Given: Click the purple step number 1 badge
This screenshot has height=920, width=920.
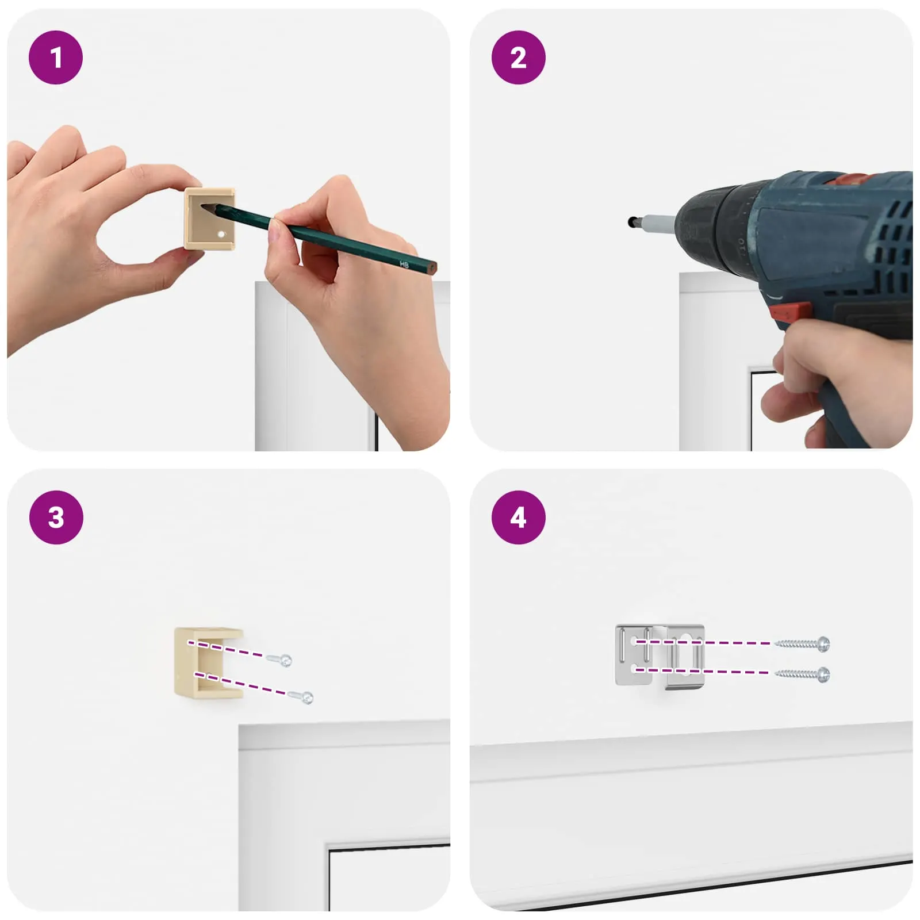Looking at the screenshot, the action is (x=56, y=57).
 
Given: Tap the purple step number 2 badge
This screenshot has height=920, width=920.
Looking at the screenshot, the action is (x=518, y=57).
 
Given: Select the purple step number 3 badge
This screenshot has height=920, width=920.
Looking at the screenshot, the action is (x=56, y=517).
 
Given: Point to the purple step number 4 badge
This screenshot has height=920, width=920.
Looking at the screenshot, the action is (x=518, y=517).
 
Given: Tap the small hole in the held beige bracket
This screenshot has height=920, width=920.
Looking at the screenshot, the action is (x=221, y=235).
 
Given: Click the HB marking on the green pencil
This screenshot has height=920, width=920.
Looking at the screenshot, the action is (x=404, y=264).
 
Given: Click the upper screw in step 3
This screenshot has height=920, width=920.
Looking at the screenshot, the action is (x=279, y=660).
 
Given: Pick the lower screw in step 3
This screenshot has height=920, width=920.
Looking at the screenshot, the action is (x=301, y=697).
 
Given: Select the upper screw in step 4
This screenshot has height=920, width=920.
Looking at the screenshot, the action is (x=802, y=643).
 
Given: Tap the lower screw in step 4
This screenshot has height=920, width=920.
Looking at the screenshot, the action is (x=802, y=674).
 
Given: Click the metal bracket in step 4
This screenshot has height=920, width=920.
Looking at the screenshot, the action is (x=660, y=656).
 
